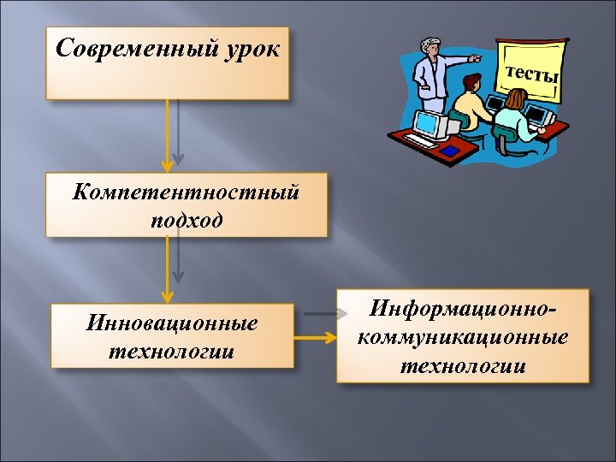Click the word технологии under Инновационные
coord(172,352)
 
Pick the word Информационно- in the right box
coord(463,306)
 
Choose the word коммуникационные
coord(463,336)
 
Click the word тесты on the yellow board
coord(531,74)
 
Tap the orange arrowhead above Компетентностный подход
coord(167,165)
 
